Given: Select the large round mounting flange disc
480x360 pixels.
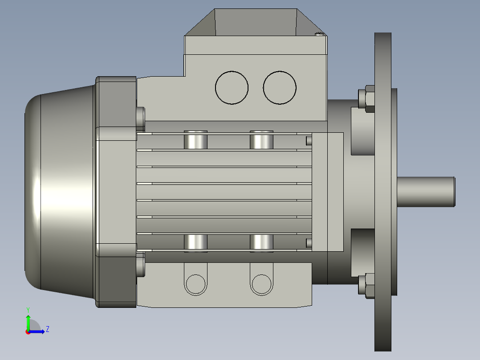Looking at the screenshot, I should (x=382, y=192).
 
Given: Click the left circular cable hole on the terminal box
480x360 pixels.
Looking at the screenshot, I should (x=232, y=87).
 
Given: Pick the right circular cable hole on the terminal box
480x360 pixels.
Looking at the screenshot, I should (x=280, y=87).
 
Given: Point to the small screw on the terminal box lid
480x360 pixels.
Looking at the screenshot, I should (x=319, y=34).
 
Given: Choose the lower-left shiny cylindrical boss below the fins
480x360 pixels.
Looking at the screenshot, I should (x=195, y=243).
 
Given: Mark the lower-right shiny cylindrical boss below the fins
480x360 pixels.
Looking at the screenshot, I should (x=261, y=243).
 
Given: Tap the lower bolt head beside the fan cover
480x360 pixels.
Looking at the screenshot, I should (x=141, y=266).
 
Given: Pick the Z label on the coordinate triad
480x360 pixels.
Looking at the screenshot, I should (x=47, y=330).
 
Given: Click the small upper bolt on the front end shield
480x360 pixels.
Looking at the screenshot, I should (x=309, y=140).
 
